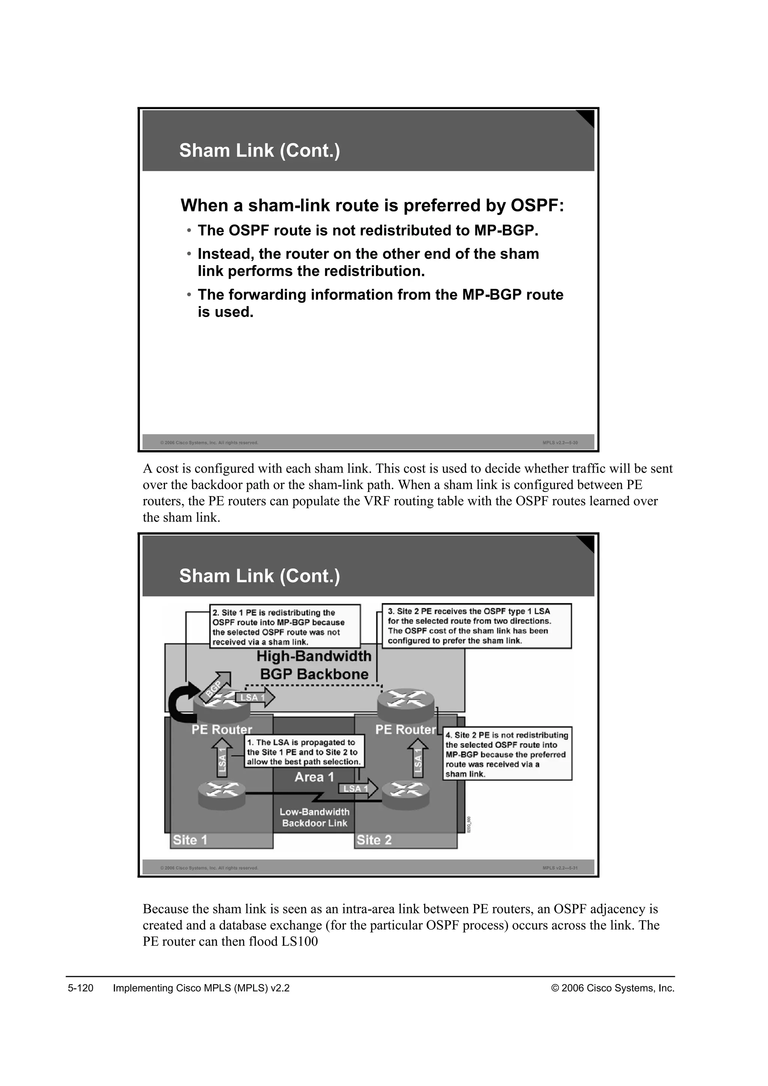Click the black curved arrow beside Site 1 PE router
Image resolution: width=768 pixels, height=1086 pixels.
(183, 702)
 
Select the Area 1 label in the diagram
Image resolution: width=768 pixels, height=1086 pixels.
(314, 777)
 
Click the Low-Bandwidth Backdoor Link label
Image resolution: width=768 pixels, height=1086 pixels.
(315, 817)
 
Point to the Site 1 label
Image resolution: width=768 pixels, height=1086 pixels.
(190, 840)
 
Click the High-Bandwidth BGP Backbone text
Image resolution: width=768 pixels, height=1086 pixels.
(314, 665)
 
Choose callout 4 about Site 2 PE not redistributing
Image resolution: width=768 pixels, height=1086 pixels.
(507, 754)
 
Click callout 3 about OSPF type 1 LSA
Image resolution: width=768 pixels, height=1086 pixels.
(476, 626)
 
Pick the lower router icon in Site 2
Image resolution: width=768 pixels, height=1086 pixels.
(406, 793)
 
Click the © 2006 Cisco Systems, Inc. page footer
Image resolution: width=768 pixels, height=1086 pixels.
(612, 988)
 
